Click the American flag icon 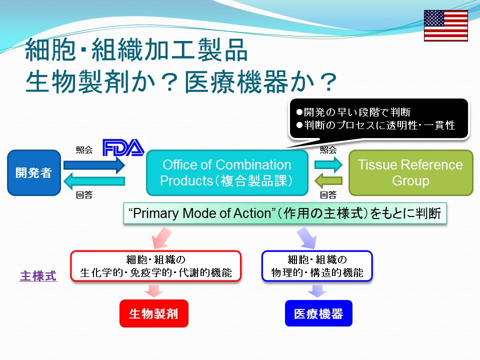click(445, 25)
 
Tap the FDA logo click(123, 147)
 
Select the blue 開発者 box click(34, 172)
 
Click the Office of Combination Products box click(227, 172)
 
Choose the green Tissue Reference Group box click(411, 172)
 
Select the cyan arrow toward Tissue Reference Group click(328, 164)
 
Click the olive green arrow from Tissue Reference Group click(328, 180)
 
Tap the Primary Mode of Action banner click(285, 213)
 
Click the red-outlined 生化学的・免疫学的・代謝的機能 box click(156, 266)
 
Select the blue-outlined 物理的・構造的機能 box click(317, 266)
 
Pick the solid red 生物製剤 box click(154, 313)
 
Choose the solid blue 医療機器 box click(318, 313)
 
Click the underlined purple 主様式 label click(38, 276)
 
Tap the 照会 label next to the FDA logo click(84, 150)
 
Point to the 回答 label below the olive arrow click(328, 195)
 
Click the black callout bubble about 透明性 click(378, 119)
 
